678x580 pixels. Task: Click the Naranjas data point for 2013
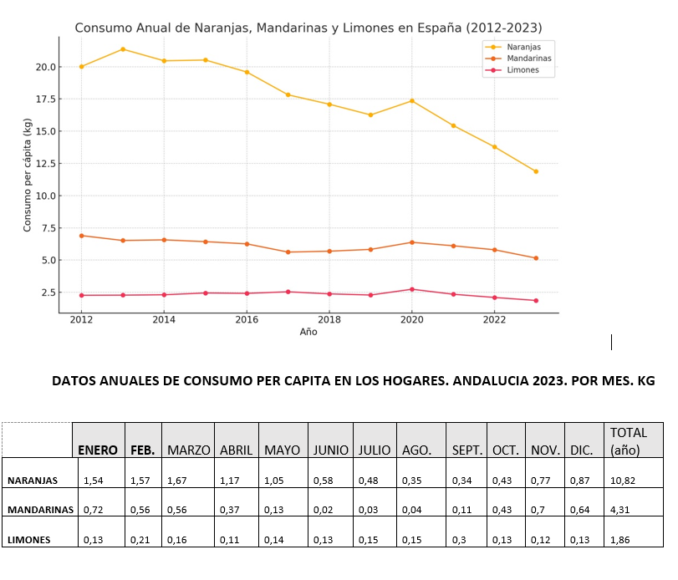(123, 49)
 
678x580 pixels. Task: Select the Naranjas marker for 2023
(536, 171)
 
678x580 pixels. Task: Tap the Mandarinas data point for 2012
(81, 236)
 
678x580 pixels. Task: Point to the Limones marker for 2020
(412, 289)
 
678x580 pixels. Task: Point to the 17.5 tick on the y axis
(46, 99)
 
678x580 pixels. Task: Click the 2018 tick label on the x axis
(329, 319)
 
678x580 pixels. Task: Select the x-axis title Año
(308, 332)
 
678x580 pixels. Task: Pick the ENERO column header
(98, 450)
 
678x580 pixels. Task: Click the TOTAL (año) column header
(629, 441)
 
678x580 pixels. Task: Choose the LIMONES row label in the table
(29, 539)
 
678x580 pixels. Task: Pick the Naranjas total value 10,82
(623, 481)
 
